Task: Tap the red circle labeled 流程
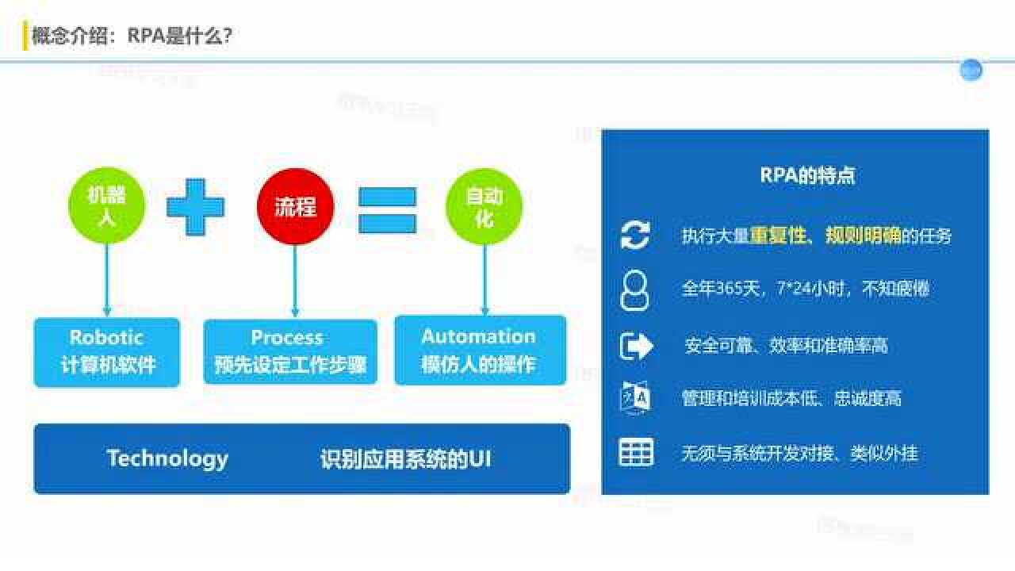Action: tap(295, 206)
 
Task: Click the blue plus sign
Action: tap(195, 207)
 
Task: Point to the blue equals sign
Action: tap(387, 210)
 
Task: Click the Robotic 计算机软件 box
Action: tap(107, 351)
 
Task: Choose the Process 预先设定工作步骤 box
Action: tap(290, 352)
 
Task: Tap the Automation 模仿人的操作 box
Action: tap(480, 351)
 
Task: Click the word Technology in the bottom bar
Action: tap(167, 458)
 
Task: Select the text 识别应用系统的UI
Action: tap(405, 458)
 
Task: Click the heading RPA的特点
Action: tap(807, 175)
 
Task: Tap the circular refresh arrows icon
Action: tap(634, 236)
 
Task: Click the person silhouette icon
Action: tap(634, 289)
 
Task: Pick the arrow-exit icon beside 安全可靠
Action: tap(635, 346)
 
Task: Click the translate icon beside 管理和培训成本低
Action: tap(635, 397)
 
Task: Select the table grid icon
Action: tap(635, 452)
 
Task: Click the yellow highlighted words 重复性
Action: tap(778, 236)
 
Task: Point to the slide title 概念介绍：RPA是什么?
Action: tap(132, 36)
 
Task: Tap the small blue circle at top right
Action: tap(971, 71)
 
